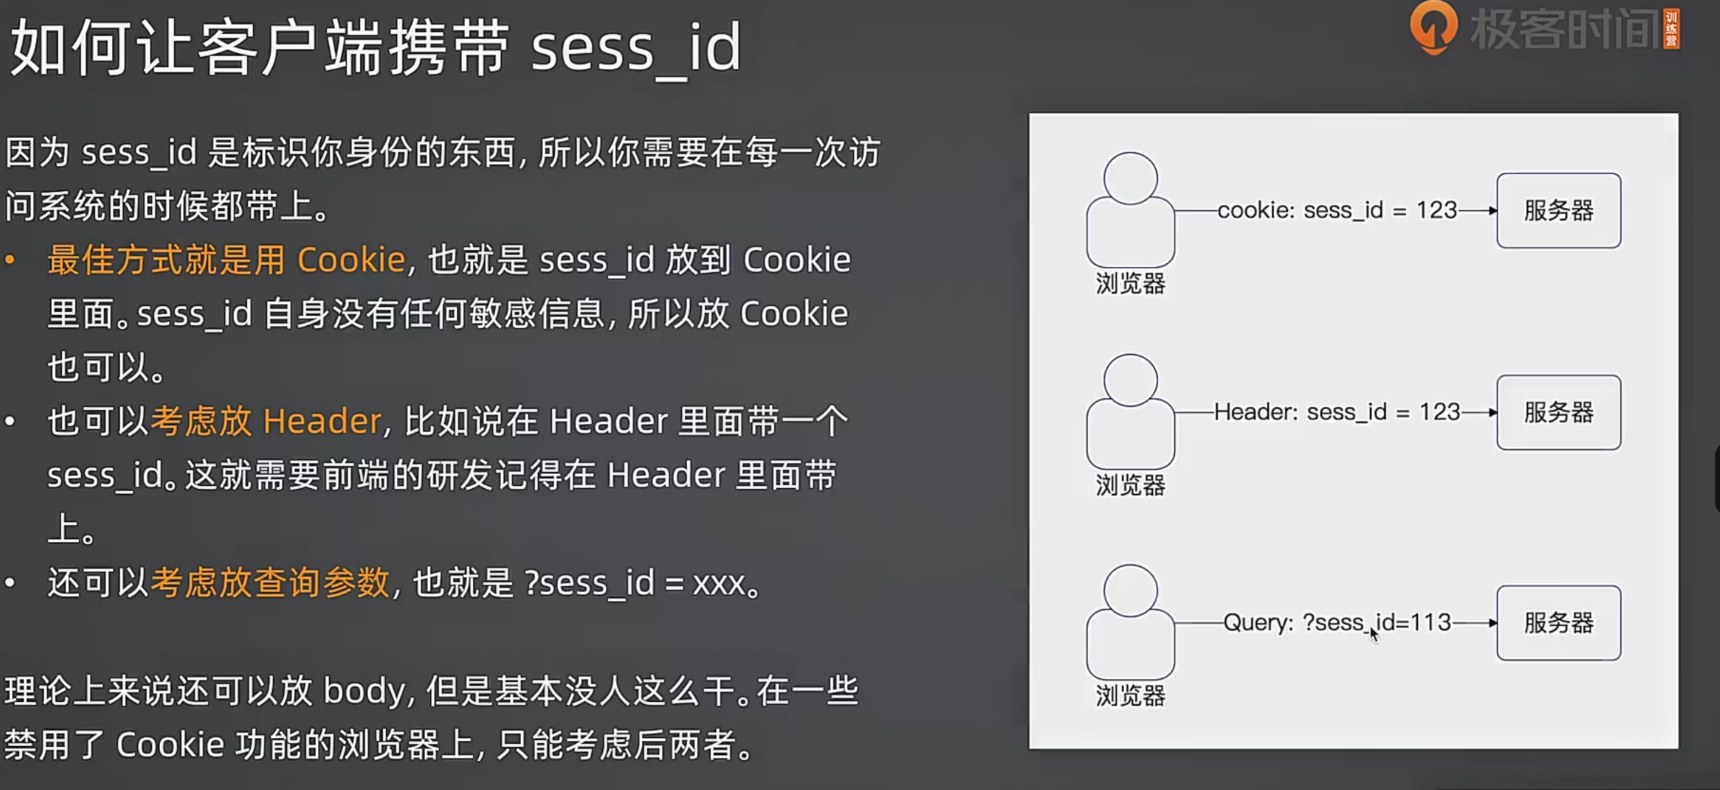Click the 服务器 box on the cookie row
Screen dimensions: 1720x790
coord(1558,210)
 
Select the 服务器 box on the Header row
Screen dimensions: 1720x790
coord(1558,412)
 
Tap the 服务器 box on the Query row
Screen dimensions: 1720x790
coord(1558,623)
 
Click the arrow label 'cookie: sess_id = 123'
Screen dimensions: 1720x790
coord(1336,210)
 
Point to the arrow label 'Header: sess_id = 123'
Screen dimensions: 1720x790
coord(1336,412)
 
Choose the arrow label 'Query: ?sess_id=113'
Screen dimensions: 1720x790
coord(1336,623)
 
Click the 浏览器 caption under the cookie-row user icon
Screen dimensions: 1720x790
coord(1130,283)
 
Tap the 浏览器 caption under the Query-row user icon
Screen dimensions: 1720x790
coord(1130,696)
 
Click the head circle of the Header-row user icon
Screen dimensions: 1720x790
coord(1130,380)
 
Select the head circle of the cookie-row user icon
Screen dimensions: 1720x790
coord(1130,178)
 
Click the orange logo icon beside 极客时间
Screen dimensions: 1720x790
coord(1433,27)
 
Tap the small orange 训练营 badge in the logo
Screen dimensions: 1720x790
coord(1671,29)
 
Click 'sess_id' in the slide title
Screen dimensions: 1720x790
coord(636,48)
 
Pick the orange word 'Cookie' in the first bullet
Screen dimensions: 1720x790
coord(351,260)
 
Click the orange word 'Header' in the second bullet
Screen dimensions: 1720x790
coord(322,421)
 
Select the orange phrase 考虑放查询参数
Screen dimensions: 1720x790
coord(270,583)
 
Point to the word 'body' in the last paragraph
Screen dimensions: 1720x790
coord(364,691)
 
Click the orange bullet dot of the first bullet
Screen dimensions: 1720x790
coord(10,260)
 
